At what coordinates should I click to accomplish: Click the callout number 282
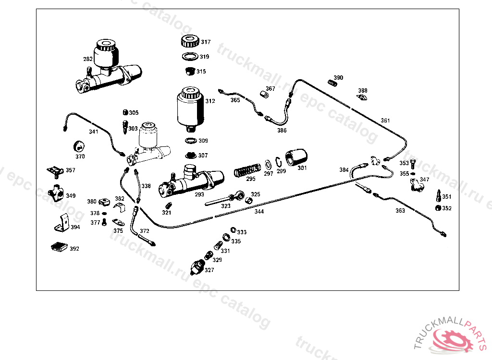coord(87,59)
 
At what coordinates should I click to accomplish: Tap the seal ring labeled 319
coord(190,57)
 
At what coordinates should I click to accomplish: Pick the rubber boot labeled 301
coord(295,159)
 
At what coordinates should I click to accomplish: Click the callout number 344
coord(259,211)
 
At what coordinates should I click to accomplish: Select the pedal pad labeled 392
coord(59,247)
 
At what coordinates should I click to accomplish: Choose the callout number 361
coord(385,120)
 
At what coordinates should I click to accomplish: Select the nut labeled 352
coord(437,208)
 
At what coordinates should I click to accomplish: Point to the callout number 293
coord(199,194)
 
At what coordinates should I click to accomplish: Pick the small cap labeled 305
coord(125,112)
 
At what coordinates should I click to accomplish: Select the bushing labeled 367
coord(263,93)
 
